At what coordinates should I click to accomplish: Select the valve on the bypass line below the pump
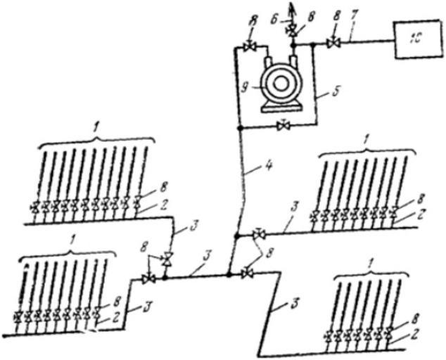[x=283, y=127]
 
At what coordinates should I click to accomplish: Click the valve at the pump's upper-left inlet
[x=248, y=46]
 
